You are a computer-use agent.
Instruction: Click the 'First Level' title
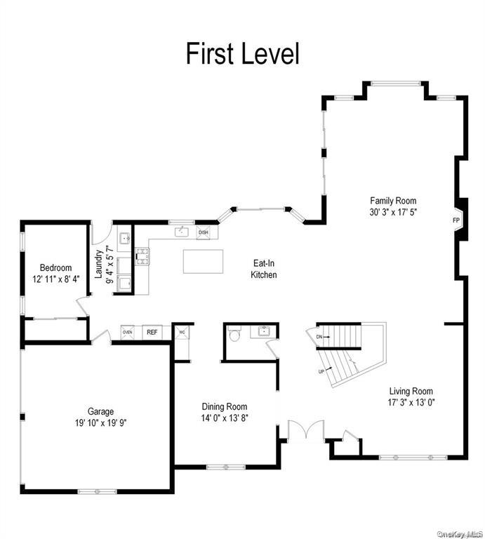pyautogui.click(x=242, y=54)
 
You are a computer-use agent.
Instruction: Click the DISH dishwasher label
pyautogui.click(x=204, y=232)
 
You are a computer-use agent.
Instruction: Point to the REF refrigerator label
pyautogui.click(x=152, y=332)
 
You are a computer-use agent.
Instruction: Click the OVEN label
pyautogui.click(x=128, y=332)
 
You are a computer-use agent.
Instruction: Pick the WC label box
pyautogui.click(x=182, y=332)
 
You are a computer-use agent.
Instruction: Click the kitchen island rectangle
pyautogui.click(x=203, y=261)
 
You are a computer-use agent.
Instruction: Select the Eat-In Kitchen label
pyautogui.click(x=264, y=269)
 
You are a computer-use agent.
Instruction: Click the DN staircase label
pyautogui.click(x=319, y=338)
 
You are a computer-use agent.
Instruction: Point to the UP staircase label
pyautogui.click(x=322, y=371)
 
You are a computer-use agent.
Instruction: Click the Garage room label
pyautogui.click(x=100, y=411)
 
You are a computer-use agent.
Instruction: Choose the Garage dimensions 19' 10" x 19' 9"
pyautogui.click(x=100, y=422)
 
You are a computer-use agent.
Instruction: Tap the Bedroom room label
pyautogui.click(x=55, y=267)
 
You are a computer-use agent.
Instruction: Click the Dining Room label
pyautogui.click(x=225, y=406)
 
